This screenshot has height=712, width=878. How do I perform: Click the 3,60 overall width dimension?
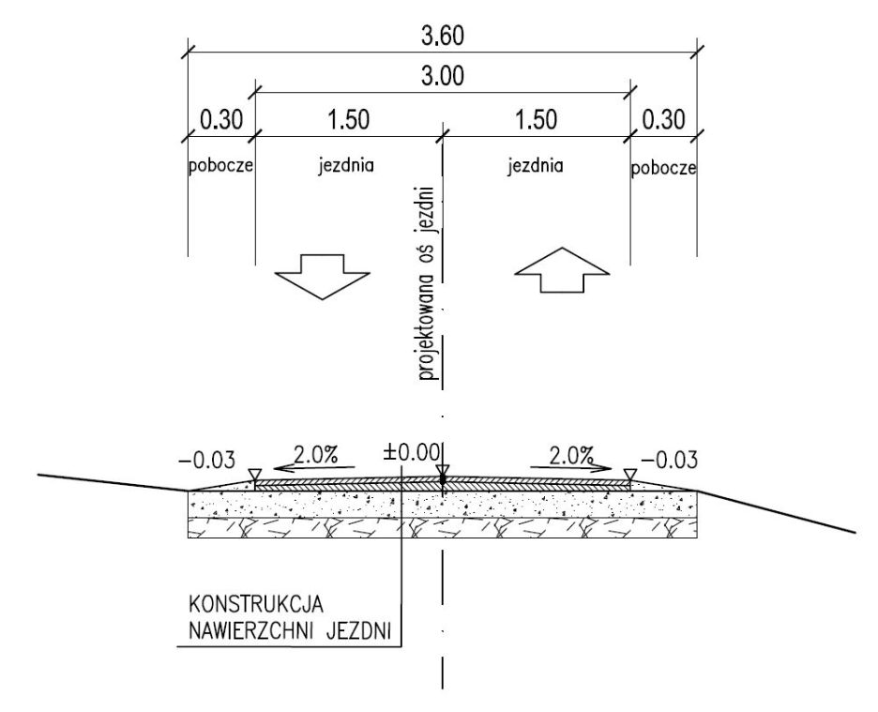point(443,37)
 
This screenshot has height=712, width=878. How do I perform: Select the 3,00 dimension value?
point(443,78)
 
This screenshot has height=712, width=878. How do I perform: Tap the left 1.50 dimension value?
point(348,120)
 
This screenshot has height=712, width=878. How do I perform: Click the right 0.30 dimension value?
point(664,120)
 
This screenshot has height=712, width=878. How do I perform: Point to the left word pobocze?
point(221,168)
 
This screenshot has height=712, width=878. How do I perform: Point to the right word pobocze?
point(663,168)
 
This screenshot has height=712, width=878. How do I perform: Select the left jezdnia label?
point(347,167)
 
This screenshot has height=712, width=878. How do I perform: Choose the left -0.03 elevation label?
point(204,460)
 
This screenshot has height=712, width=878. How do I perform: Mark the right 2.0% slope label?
point(571,455)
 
